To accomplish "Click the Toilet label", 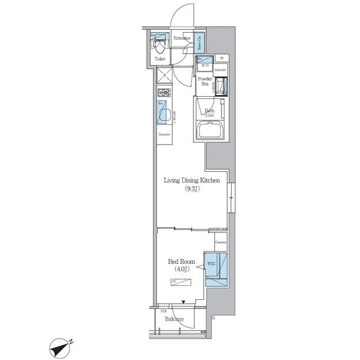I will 160,58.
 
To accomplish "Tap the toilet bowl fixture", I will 160,44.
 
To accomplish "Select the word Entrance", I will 182,38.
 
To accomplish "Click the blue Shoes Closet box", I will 200,42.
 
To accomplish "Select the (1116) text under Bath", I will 209,115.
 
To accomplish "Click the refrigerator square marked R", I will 163,74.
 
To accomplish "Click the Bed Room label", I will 181,262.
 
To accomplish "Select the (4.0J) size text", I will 181,270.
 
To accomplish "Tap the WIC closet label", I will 211,263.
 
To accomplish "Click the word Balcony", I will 174,319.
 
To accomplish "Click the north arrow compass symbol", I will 59,347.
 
